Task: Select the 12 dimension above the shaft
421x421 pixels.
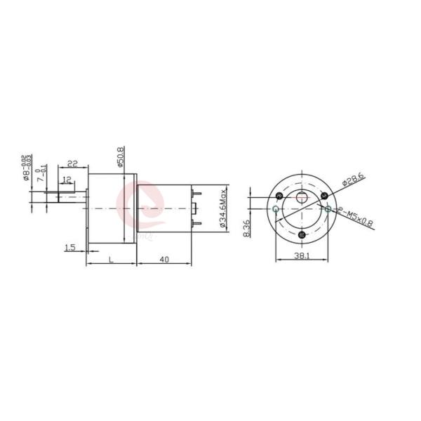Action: tap(66, 180)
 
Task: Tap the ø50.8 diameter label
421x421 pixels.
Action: tap(121, 157)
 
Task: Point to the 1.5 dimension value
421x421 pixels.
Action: tap(69, 247)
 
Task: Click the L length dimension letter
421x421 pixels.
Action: tap(111, 259)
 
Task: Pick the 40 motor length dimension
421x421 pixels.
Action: tap(163, 259)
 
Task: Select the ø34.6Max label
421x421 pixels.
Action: tap(223, 208)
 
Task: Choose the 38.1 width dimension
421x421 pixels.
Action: tap(301, 257)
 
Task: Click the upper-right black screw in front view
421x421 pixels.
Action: tap(324, 195)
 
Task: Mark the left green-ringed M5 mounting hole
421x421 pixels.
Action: tap(276, 209)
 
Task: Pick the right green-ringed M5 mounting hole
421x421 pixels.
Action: tap(328, 208)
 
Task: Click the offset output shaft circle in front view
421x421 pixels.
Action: tap(302, 197)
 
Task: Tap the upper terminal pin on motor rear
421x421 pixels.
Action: tap(196, 194)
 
